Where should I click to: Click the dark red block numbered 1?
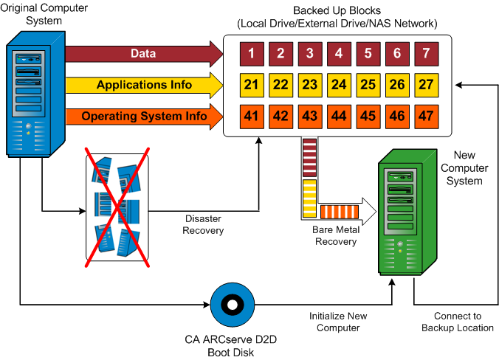(251, 53)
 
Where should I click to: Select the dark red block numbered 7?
(426, 53)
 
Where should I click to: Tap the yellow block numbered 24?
(339, 85)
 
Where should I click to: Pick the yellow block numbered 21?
(251, 85)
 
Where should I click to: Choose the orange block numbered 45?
(368, 117)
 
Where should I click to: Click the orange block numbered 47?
(426, 117)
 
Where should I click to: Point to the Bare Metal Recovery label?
(336, 236)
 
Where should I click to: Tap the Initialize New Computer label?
(337, 322)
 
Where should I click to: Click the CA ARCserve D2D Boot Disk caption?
(231, 346)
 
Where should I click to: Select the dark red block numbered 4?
(339, 53)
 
